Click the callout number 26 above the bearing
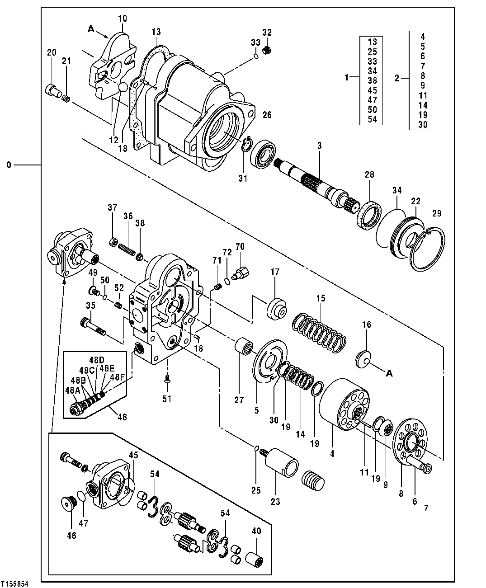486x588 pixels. (267, 115)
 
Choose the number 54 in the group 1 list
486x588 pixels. (373, 119)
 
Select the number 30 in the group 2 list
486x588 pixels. (422, 125)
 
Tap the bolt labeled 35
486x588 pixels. (92, 326)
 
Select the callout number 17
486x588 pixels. (275, 272)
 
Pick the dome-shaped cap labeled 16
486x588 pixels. (363, 359)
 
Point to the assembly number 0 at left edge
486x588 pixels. (9, 165)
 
